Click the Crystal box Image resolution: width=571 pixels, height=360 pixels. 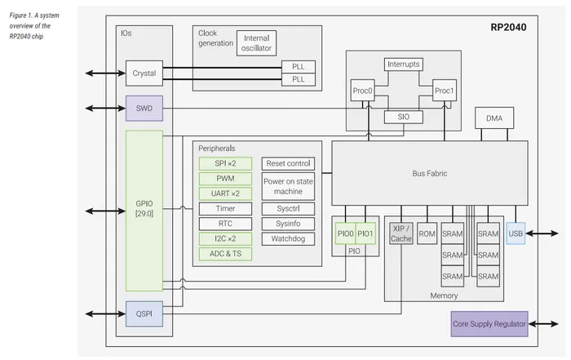(144, 73)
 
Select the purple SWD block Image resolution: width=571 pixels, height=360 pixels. (144, 108)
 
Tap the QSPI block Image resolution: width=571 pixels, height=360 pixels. (144, 313)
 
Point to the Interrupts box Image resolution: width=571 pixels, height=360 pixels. (403, 64)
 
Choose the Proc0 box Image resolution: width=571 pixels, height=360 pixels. (362, 91)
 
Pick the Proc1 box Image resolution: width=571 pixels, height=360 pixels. (444, 91)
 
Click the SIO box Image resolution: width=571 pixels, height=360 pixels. (403, 117)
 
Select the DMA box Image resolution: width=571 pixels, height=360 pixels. (494, 118)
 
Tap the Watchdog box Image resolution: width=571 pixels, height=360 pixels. (288, 238)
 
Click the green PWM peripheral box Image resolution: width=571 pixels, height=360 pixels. (225, 178)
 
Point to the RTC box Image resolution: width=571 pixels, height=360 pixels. (225, 223)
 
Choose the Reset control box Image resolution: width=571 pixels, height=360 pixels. (288, 163)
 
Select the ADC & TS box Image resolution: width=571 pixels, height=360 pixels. (225, 253)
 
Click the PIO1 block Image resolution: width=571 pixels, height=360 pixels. (365, 233)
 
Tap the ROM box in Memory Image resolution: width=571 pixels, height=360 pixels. (427, 233)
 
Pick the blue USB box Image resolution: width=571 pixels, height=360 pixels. (516, 233)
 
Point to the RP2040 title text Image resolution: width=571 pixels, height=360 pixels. (508, 27)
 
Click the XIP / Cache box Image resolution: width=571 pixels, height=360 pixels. (401, 233)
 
